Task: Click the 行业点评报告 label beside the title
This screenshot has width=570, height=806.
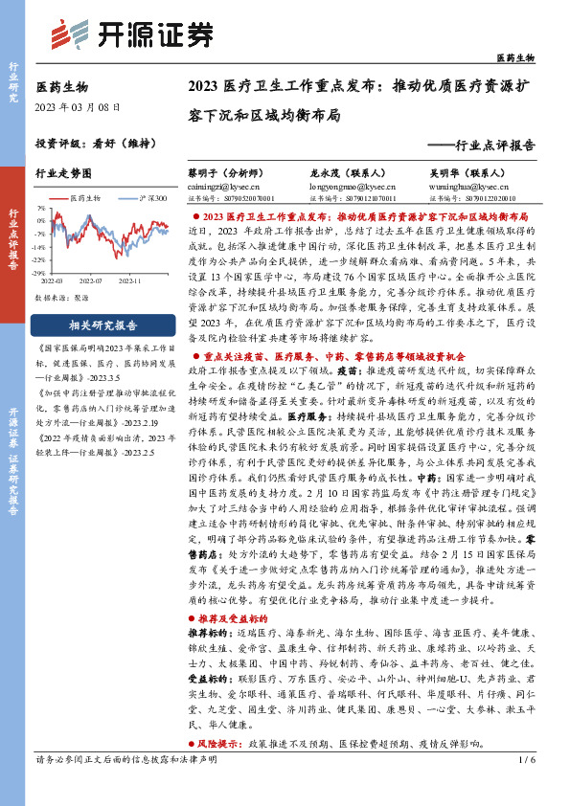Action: [x=494, y=147]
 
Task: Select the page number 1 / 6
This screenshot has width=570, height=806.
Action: [x=524, y=787]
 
